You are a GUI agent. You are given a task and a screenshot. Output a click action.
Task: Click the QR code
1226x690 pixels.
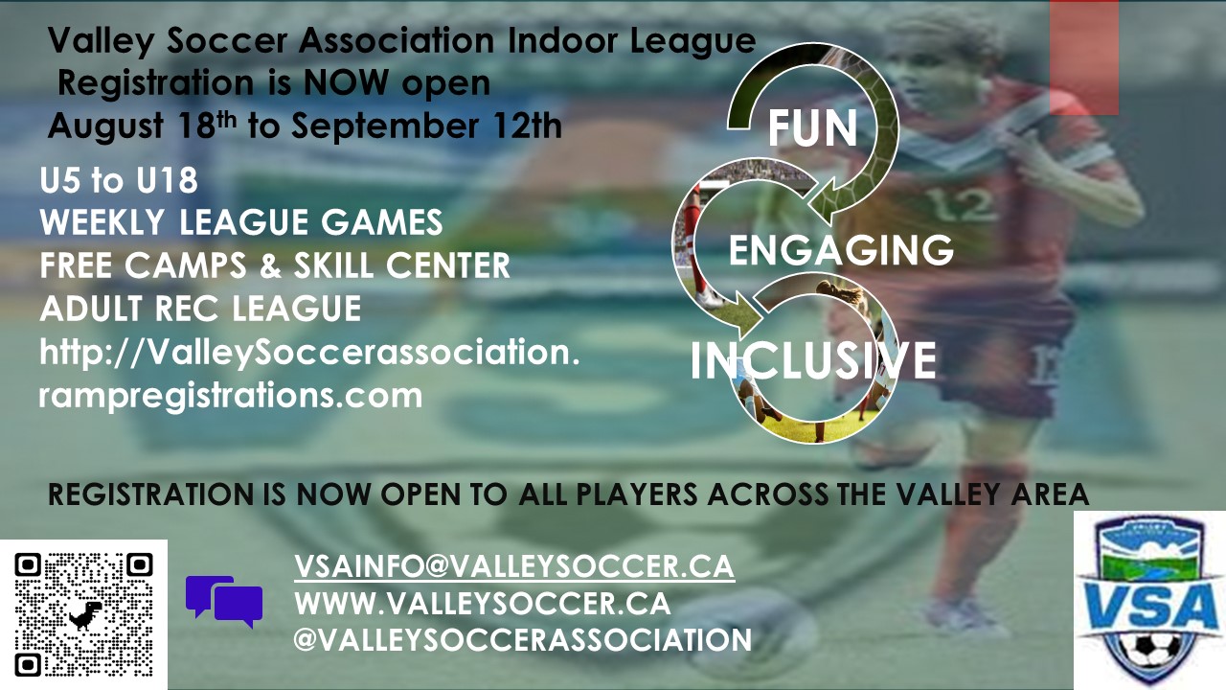tap(83, 615)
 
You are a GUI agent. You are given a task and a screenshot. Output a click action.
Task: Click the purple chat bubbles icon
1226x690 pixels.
tap(224, 601)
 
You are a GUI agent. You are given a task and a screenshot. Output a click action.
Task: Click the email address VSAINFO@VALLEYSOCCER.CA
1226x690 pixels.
tap(514, 566)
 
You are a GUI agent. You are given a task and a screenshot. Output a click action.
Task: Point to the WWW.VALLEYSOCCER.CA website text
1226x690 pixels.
tap(482, 603)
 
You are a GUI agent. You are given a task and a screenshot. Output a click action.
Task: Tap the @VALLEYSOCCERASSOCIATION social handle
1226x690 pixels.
tap(523, 639)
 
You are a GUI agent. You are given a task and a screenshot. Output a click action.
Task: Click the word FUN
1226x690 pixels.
tap(812, 129)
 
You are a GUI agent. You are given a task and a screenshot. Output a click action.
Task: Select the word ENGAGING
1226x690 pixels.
tap(841, 250)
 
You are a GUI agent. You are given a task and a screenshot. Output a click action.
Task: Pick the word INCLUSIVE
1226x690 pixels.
tap(813, 359)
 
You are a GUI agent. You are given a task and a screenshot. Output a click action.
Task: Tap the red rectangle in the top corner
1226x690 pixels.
tap(1084, 57)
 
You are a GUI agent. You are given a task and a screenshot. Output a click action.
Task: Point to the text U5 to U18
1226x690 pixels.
tap(118, 180)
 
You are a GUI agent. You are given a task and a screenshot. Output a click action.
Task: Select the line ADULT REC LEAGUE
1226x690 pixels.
tap(200, 309)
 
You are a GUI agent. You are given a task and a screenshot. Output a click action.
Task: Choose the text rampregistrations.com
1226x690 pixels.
tap(231, 397)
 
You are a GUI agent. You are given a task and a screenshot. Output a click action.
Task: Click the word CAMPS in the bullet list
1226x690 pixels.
tap(186, 265)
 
